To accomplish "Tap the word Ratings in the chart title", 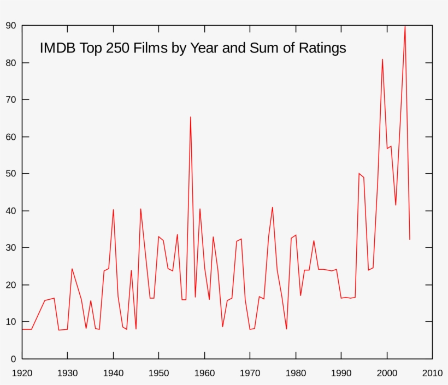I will (x=322, y=48).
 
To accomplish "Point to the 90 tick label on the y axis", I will (x=10, y=26).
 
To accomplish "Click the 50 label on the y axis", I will (x=10, y=174).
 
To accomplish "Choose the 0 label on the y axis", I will (x=13, y=359).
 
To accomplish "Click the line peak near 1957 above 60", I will (x=190, y=117).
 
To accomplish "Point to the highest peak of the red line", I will (x=405, y=26).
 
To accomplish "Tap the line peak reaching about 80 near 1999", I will (x=382, y=59).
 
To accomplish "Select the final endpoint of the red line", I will (x=410, y=239).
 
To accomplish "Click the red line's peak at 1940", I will (x=113, y=210).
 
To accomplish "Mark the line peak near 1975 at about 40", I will (x=273, y=207).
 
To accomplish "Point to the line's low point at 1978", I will (x=286, y=329).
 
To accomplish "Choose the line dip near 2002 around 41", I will (x=396, y=205).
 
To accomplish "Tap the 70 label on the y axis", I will (x=10, y=100).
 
